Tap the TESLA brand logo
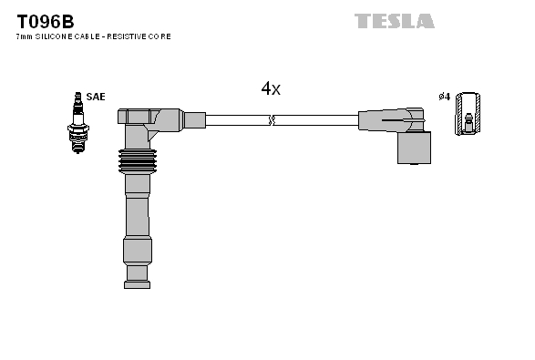pyautogui.click(x=394, y=20)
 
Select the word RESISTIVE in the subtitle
pyautogui.click(x=129, y=36)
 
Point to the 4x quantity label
pyautogui.click(x=271, y=88)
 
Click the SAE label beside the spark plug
pyautogui.click(x=96, y=96)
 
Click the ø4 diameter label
pyautogui.click(x=444, y=97)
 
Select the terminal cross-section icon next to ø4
pyautogui.click(x=469, y=114)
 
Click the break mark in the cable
pyautogui.click(x=271, y=119)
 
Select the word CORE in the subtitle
pyautogui.click(x=161, y=36)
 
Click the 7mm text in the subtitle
pyautogui.click(x=25, y=36)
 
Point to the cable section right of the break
pyautogui.click(x=314, y=119)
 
